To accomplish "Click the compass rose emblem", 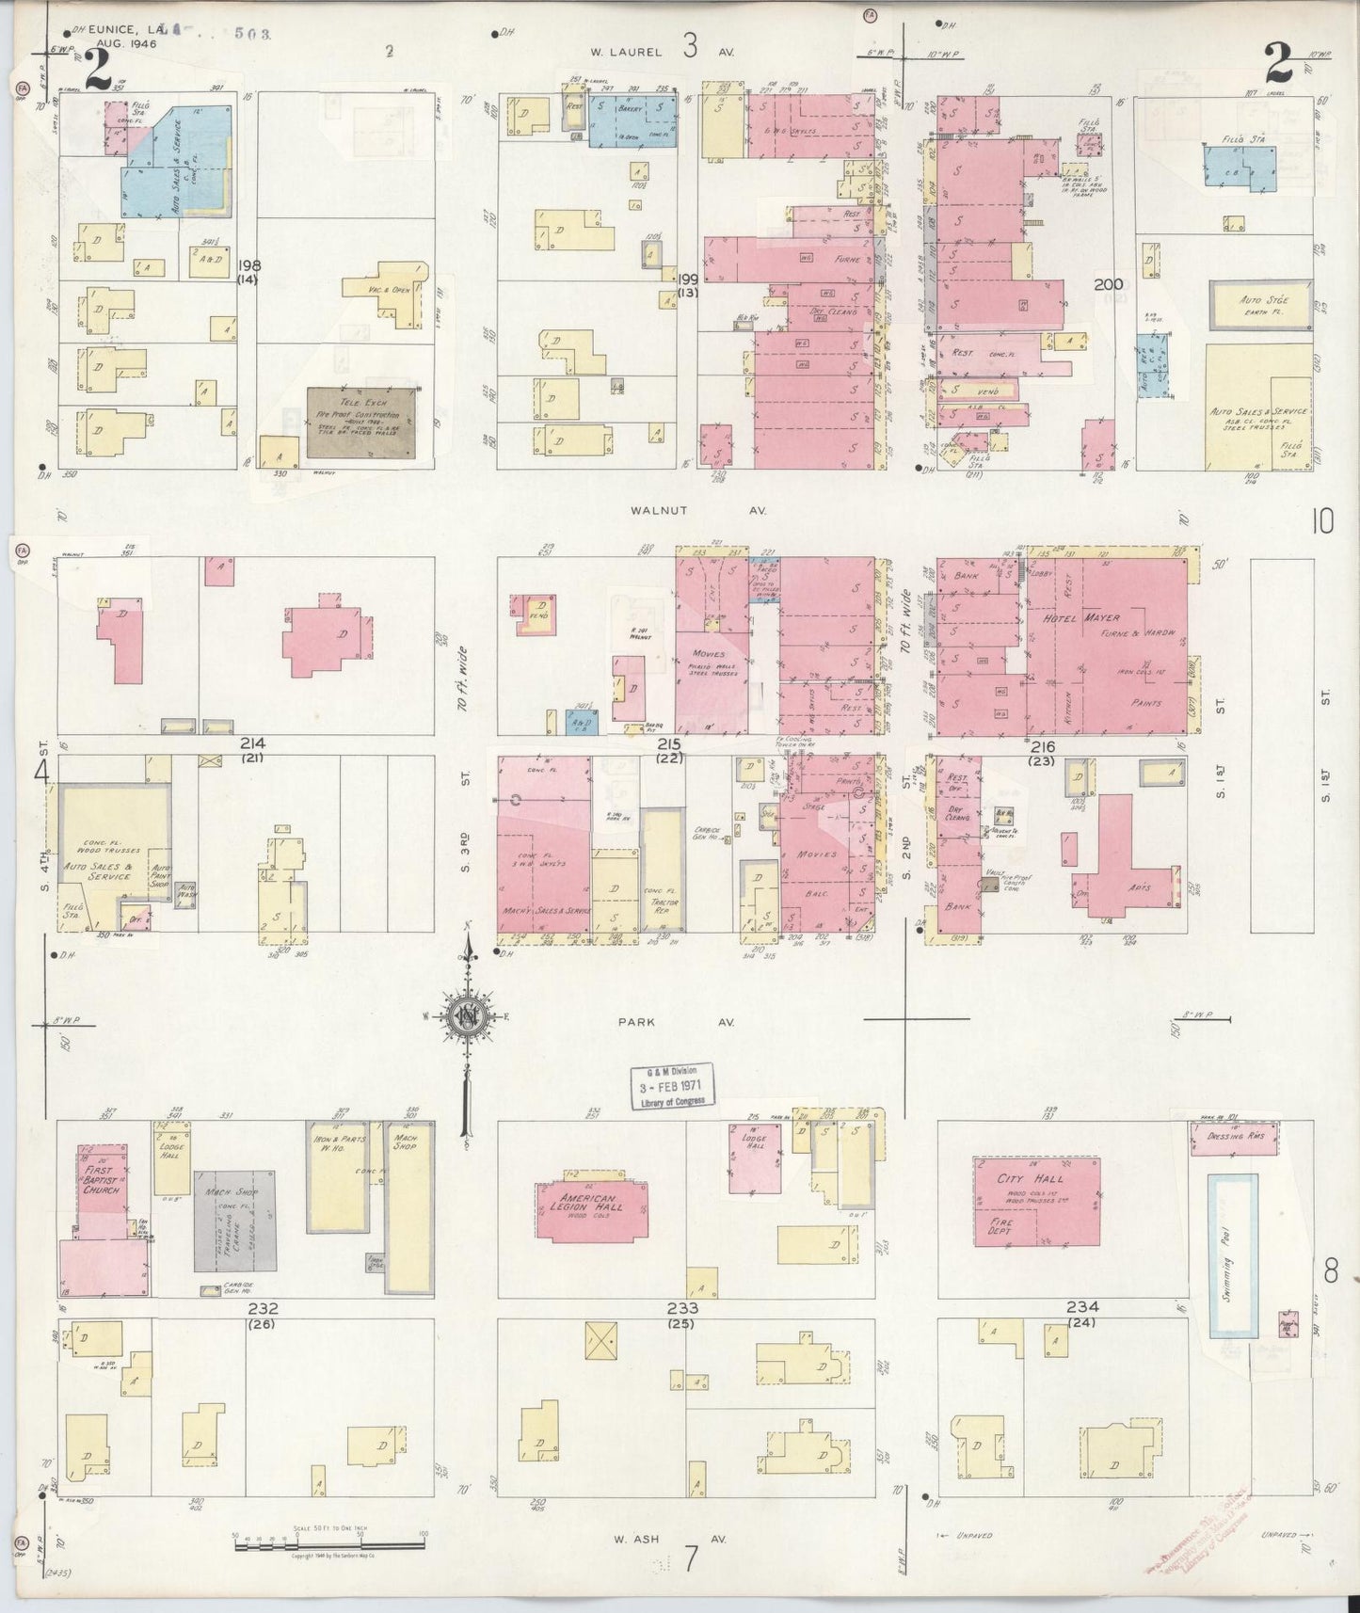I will pos(465,1017).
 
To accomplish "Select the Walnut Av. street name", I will pos(700,510).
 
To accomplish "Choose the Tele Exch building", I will pos(361,422).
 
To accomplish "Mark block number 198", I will pos(249,265).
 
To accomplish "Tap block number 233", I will pos(682,1308).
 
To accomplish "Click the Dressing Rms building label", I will pos(1241,1137).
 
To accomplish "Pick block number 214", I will pos(251,744).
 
